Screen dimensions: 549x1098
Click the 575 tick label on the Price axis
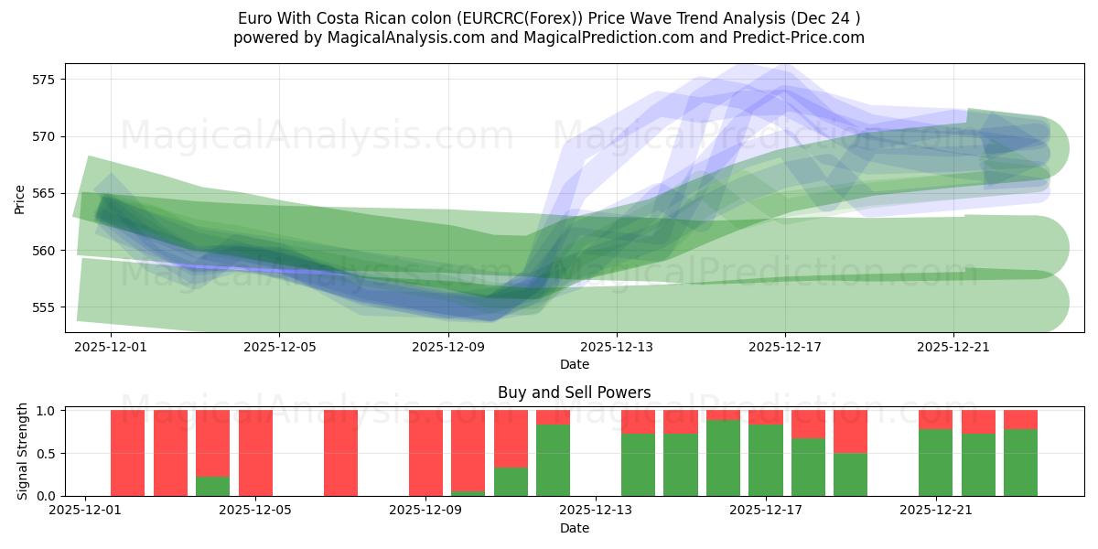pos(43,80)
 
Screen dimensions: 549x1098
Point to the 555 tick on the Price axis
pos(43,307)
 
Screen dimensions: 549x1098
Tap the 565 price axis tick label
pos(43,193)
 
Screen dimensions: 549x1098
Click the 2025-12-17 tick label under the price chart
pos(784,347)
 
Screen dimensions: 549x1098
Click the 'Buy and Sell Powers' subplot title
pos(574,393)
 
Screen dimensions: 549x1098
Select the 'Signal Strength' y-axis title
pos(22,452)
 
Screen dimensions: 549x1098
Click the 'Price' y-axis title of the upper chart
pos(20,198)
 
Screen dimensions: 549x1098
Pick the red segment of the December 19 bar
pos(850,431)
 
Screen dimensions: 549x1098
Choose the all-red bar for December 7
pos(340,453)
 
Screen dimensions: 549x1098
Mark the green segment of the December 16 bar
pos(723,458)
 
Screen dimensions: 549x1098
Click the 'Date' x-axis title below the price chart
pos(574,364)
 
